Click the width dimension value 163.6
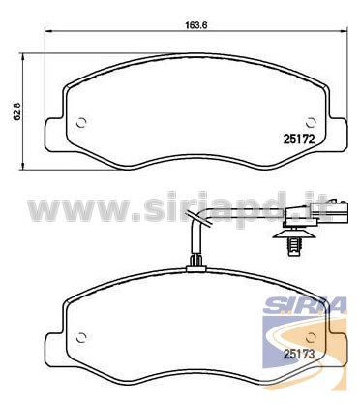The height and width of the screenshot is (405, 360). [195, 24]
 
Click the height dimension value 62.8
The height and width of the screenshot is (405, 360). [16, 111]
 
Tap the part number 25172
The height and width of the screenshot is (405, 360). [299, 140]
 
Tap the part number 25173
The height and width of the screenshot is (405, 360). [299, 355]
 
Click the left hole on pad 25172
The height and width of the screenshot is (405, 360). [81, 122]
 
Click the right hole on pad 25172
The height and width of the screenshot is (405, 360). [311, 122]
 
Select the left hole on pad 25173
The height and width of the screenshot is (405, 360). [81, 337]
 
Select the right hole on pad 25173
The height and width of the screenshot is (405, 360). [311, 337]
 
